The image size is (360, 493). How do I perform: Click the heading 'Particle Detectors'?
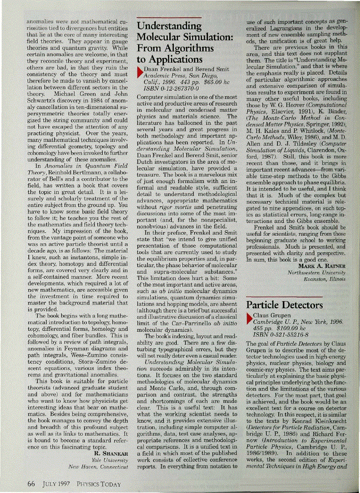tap(285, 304)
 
